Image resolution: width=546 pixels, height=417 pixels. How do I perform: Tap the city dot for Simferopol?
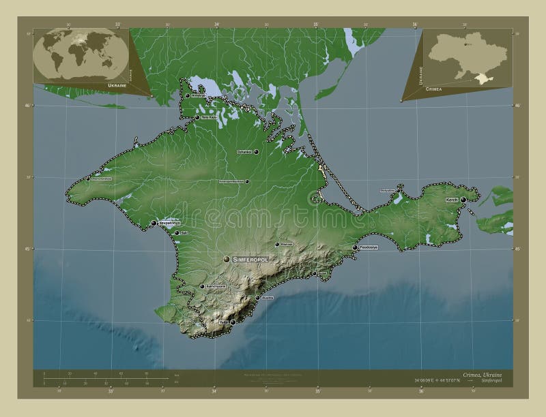[x=227, y=259]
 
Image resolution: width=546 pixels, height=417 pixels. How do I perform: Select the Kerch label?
[x=452, y=200]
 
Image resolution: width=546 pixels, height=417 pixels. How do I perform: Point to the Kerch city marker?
[x=463, y=199]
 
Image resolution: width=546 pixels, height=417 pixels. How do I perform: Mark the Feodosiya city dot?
[x=355, y=247]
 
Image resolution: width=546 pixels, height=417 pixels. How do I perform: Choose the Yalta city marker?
[x=232, y=322]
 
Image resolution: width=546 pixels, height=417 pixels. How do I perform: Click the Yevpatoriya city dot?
[x=154, y=222]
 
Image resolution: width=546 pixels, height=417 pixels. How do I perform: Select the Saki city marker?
[x=177, y=233]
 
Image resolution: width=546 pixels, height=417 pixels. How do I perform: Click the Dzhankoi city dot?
[x=256, y=153]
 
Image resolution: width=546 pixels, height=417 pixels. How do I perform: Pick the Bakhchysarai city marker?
[x=201, y=287]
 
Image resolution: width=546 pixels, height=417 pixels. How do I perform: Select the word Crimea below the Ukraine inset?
[x=433, y=89]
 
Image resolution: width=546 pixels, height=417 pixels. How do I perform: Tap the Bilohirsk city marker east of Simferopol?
[x=276, y=244]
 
